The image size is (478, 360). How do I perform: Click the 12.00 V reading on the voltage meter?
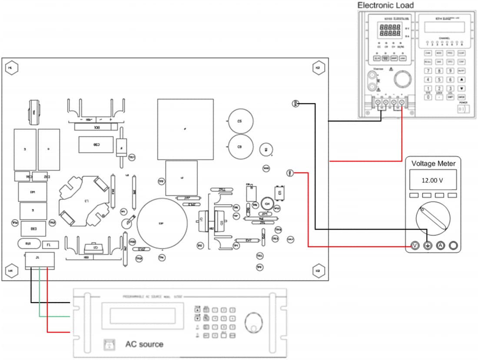click(x=432, y=180)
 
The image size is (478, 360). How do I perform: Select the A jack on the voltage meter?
click(x=440, y=246)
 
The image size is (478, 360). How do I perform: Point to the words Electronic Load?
click(x=385, y=5)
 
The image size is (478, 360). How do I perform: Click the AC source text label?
click(x=144, y=344)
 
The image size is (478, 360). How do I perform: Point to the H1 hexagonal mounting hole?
click(x=11, y=68)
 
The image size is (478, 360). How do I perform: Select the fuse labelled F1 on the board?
click(x=49, y=245)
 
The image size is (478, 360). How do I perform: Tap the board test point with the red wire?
click(x=291, y=173)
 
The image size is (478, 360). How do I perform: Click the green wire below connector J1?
click(x=40, y=295)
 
